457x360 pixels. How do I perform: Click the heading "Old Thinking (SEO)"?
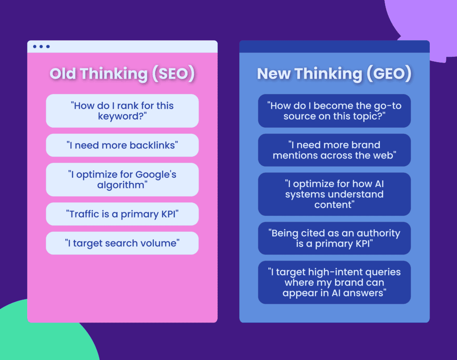click(x=122, y=74)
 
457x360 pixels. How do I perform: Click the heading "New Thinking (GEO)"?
click(x=334, y=74)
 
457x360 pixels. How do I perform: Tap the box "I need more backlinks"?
click(x=122, y=145)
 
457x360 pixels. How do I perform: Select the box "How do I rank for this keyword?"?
click(x=122, y=111)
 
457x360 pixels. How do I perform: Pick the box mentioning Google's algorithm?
click(x=122, y=180)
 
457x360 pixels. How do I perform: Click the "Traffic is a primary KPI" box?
click(x=122, y=214)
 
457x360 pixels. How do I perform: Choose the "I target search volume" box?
click(x=122, y=243)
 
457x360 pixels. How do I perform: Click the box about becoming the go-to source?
click(x=334, y=111)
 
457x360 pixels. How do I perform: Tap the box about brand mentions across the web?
click(x=334, y=150)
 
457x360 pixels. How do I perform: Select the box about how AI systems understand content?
click(x=334, y=194)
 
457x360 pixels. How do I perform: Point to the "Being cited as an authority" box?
click(x=334, y=238)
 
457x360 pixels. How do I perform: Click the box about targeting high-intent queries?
click(x=334, y=282)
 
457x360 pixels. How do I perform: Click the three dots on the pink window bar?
click(x=41, y=46)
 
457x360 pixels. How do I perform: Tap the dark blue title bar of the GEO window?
click(x=334, y=46)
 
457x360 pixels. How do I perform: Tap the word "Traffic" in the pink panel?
click(x=85, y=214)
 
